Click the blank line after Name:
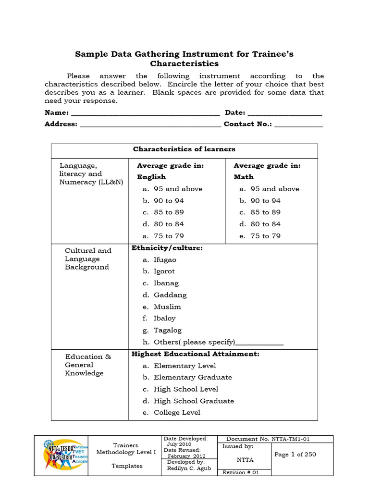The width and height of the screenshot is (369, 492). tap(145, 114)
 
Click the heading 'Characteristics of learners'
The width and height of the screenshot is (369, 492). tap(184, 149)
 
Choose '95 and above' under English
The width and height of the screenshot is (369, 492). tap(178, 189)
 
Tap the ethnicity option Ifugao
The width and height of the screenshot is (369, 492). tap(165, 260)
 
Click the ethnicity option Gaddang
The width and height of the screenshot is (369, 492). tap(170, 295)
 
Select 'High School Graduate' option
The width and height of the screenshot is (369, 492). tap(194, 401)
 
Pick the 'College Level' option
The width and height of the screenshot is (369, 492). tap(177, 413)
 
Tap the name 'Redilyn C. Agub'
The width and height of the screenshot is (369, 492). tap(189, 468)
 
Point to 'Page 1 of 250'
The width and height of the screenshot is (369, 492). tap(295, 455)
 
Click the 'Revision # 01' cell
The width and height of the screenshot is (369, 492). tap(241, 472)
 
